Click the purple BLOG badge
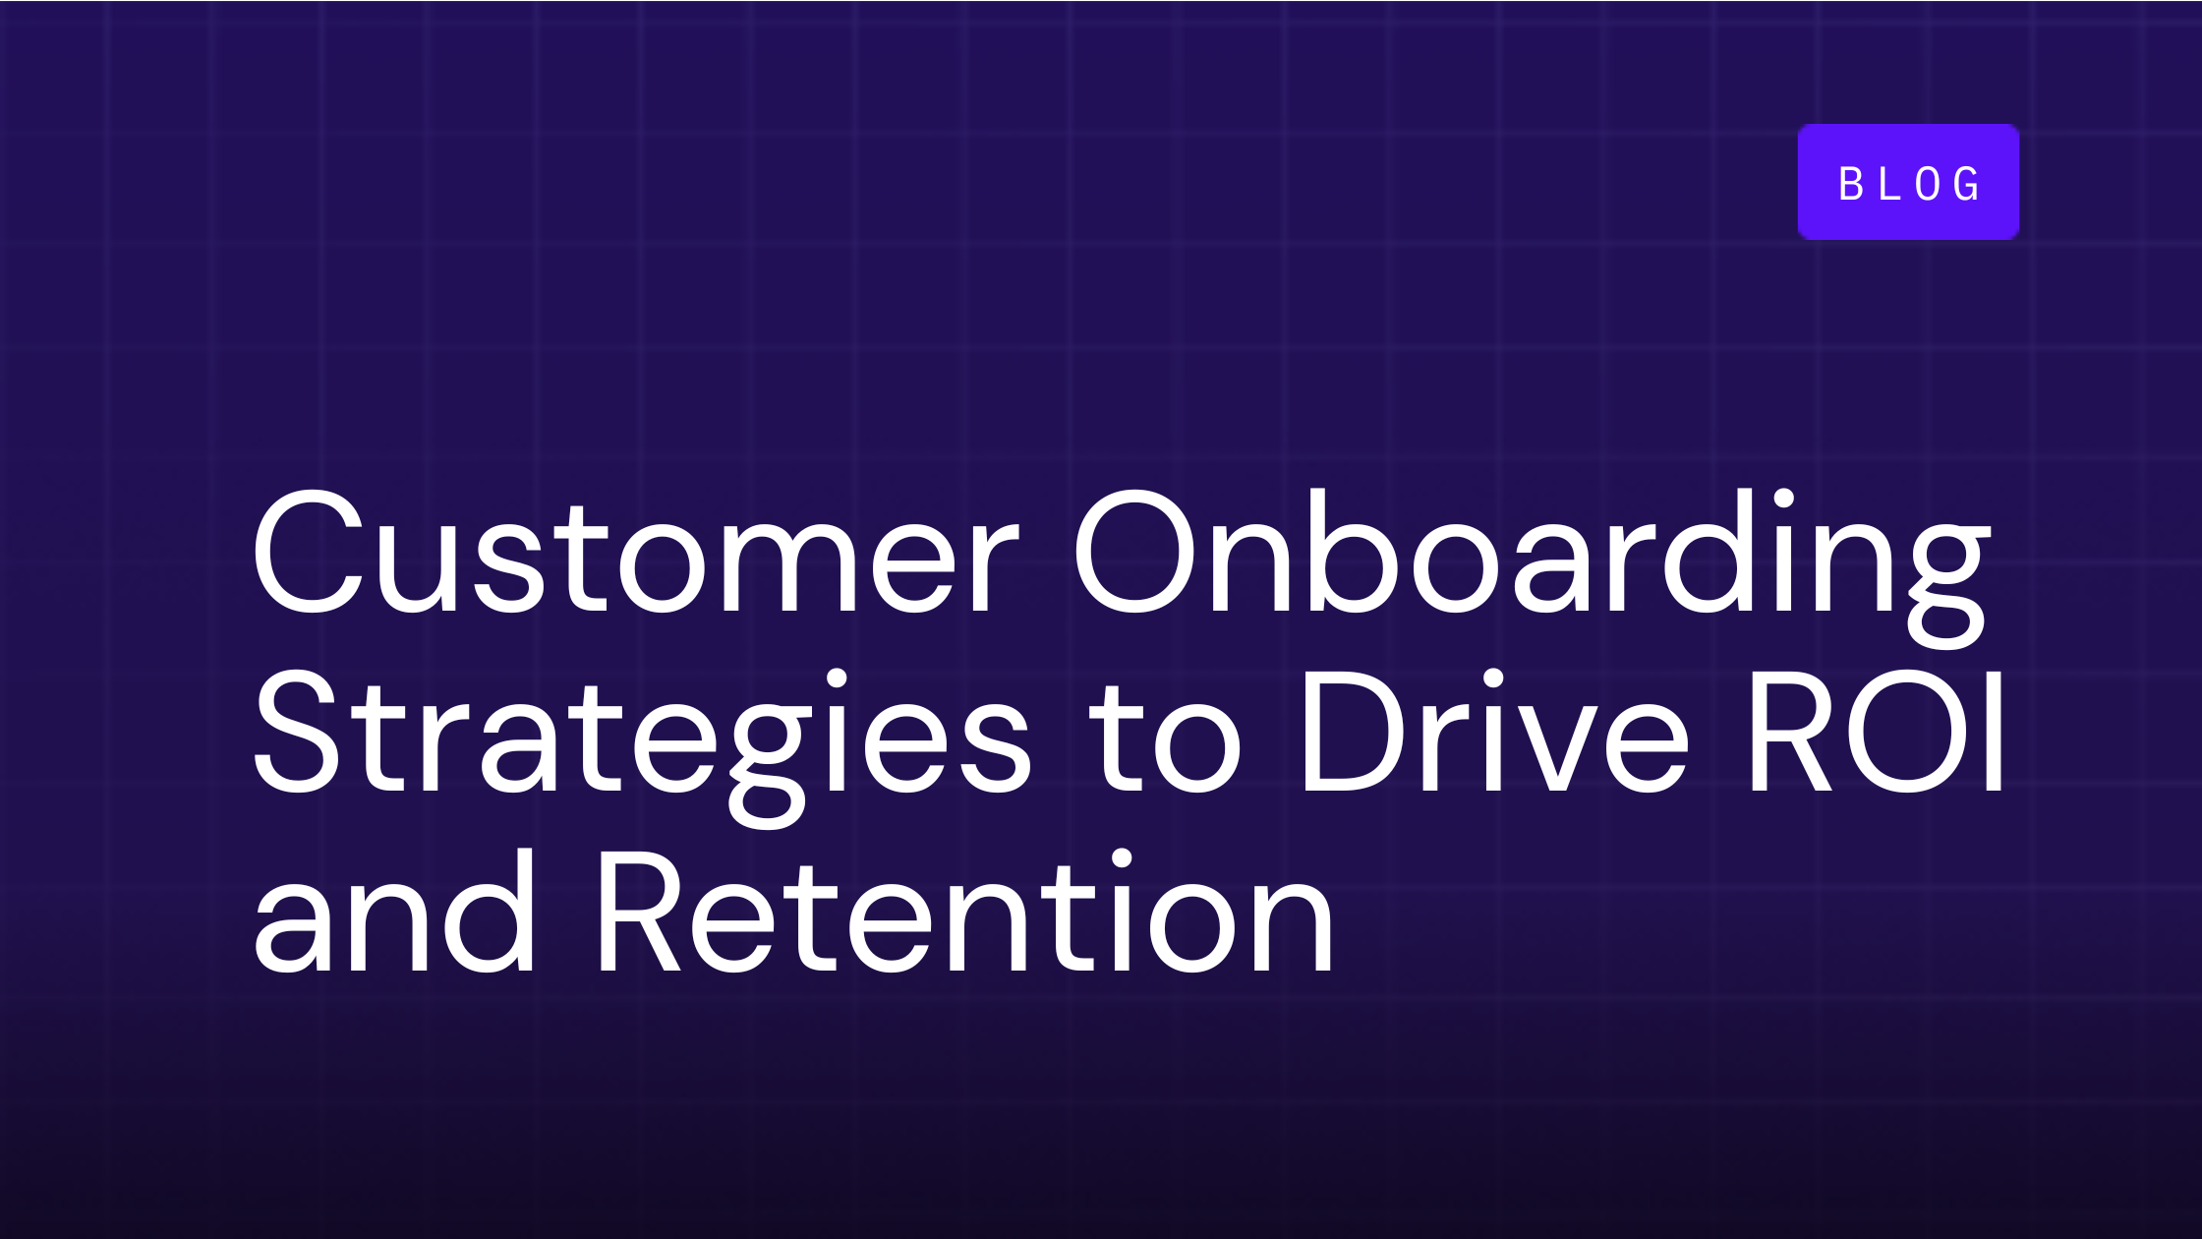1908,182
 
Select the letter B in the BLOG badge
1851,184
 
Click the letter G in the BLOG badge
1967,184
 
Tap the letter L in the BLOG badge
1889,184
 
